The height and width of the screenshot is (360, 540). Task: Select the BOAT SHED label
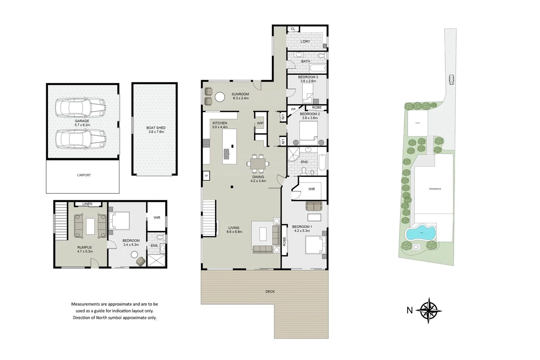pyautogui.click(x=156, y=128)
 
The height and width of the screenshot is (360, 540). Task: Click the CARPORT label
pyautogui.click(x=84, y=175)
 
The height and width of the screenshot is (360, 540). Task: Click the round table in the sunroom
pyautogui.click(x=220, y=97)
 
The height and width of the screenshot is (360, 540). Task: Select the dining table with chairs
pyautogui.click(x=258, y=164)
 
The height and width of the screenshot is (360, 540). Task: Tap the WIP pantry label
pyautogui.click(x=260, y=123)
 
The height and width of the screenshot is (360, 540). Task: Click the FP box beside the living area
pyautogui.click(x=206, y=176)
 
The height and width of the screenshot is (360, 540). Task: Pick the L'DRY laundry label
pyautogui.click(x=305, y=42)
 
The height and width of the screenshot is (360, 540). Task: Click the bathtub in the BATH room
pyautogui.click(x=317, y=69)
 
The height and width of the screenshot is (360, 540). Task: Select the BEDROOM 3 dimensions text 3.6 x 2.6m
pyautogui.click(x=308, y=81)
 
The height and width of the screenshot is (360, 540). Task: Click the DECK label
pyautogui.click(x=270, y=292)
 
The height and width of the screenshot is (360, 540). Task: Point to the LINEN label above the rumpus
pyautogui.click(x=87, y=204)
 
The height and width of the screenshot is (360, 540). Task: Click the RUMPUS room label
pyautogui.click(x=84, y=247)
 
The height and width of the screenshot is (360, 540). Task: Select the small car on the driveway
pyautogui.click(x=451, y=80)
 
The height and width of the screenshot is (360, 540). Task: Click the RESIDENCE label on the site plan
pyautogui.click(x=435, y=189)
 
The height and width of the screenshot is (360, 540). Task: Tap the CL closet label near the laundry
pyautogui.click(x=293, y=29)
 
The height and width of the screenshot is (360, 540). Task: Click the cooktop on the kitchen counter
pyautogui.click(x=206, y=143)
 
